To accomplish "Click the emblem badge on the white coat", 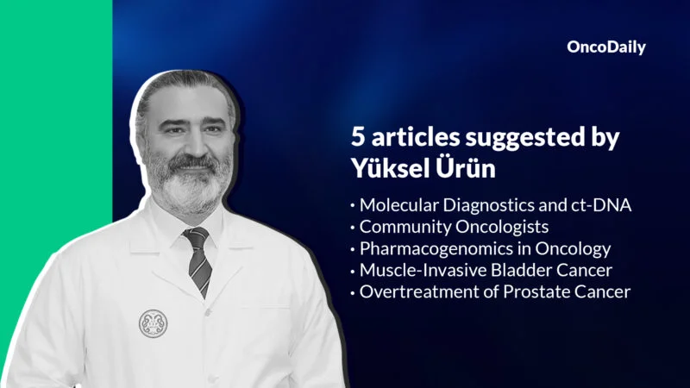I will click(x=154, y=322).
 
